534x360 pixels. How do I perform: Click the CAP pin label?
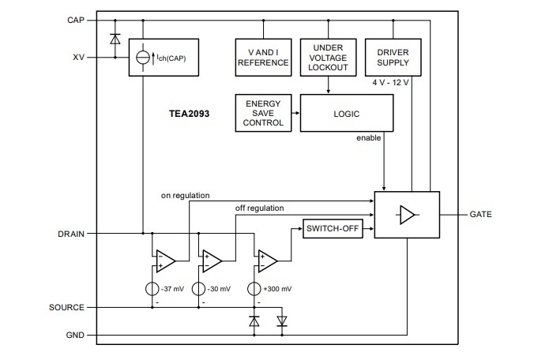pyautogui.click(x=76, y=20)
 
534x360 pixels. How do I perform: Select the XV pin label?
pyautogui.click(x=78, y=57)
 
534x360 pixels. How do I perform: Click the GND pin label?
pyautogui.click(x=75, y=336)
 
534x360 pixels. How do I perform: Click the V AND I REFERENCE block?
pyautogui.click(x=263, y=57)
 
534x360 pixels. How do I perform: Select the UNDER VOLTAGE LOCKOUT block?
pyautogui.click(x=328, y=57)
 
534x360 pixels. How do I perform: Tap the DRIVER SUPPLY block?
pyautogui.click(x=393, y=57)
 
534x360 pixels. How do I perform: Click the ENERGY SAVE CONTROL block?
pyautogui.click(x=263, y=114)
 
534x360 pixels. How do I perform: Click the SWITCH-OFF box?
pyautogui.click(x=333, y=229)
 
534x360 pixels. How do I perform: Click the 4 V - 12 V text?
pyautogui.click(x=391, y=82)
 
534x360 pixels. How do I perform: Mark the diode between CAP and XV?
pyautogui.click(x=115, y=39)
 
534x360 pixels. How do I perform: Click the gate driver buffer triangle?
pyautogui.click(x=407, y=215)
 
